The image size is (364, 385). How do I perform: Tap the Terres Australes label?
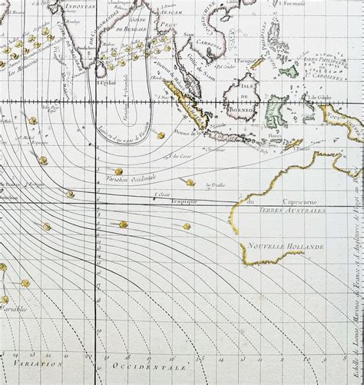point(292,210)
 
